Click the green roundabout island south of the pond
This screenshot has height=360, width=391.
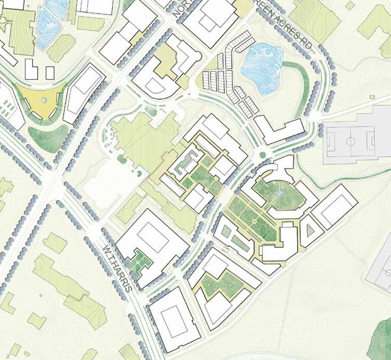pos(263,154)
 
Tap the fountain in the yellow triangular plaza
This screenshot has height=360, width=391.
pos(45,100)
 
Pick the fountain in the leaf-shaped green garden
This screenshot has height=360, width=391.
pos(280,193)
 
